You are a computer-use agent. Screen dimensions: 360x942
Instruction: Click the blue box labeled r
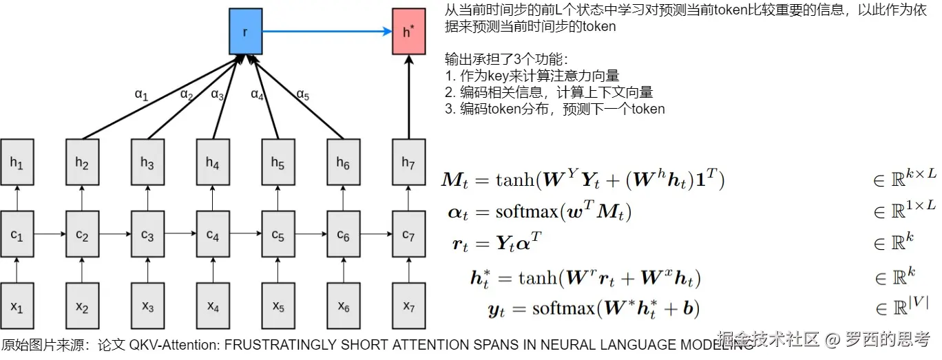pyautogui.click(x=245, y=32)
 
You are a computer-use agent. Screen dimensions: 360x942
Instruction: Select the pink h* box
pyautogui.click(x=408, y=32)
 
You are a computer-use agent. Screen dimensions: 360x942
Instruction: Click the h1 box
pyautogui.click(x=17, y=162)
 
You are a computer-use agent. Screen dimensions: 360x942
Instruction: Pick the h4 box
pyautogui.click(x=213, y=162)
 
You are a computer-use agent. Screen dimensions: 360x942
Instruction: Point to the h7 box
pyautogui.click(x=408, y=162)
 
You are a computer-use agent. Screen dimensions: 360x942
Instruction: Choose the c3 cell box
pyautogui.click(x=147, y=235)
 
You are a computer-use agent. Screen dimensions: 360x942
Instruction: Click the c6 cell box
pyautogui.click(x=343, y=235)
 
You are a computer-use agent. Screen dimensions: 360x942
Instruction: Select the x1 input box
pyautogui.click(x=17, y=306)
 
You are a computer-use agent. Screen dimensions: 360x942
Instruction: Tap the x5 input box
pyautogui.click(x=278, y=306)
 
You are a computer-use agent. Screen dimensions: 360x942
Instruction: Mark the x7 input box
pyautogui.click(x=408, y=306)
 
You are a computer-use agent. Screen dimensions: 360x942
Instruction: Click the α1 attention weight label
pyautogui.click(x=141, y=95)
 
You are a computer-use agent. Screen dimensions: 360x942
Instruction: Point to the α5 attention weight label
pyautogui.click(x=302, y=94)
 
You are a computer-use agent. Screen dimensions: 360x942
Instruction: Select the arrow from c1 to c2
pyautogui.click(x=50, y=235)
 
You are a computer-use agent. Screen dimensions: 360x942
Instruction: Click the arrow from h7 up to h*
pyautogui.click(x=408, y=96)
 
